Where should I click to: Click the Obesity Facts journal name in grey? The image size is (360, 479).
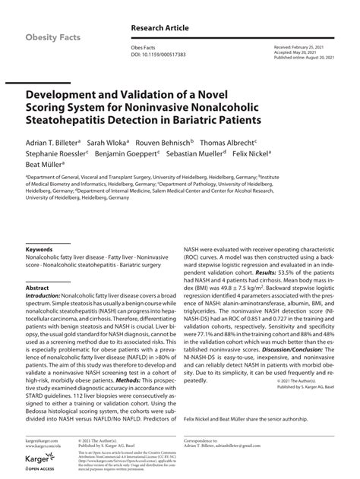click(x=55, y=37)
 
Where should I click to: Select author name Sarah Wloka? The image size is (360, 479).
click(x=107, y=142)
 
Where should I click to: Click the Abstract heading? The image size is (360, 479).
click(x=37, y=288)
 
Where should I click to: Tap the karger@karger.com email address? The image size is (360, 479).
click(x=41, y=440)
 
